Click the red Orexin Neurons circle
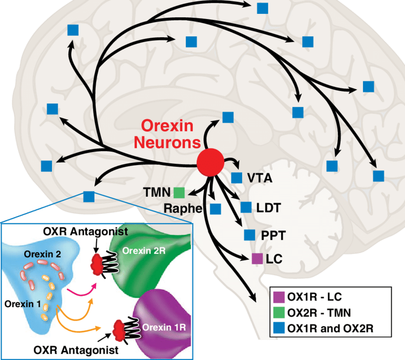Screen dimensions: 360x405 pos(210,162)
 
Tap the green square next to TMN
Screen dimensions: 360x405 pos(179,192)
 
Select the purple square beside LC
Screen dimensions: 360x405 pos(257,259)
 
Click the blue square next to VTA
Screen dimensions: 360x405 pos(236,178)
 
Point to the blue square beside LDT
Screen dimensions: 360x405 pos(246,207)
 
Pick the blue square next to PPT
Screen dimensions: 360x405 pos(249,235)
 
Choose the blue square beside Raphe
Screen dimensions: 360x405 pos(215,208)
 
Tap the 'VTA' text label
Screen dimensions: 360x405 pos(260,178)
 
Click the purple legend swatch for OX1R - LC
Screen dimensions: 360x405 pos(279,296)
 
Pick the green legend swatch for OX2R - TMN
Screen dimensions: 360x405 pos(279,312)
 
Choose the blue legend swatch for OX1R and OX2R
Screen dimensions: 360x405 pos(279,329)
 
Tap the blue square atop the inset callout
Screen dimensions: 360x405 pos(89,195)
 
